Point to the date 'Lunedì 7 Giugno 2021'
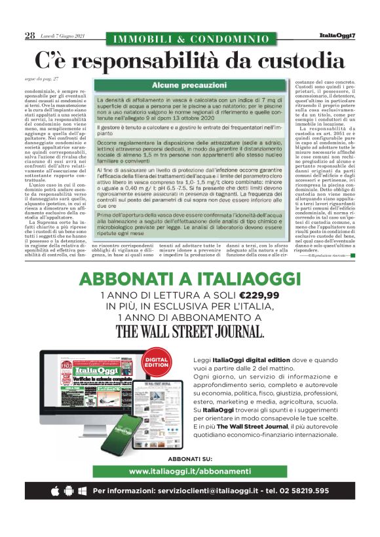click(x=63, y=36)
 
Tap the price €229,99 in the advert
click(x=258, y=295)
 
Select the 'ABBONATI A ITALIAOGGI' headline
click(x=189, y=279)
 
